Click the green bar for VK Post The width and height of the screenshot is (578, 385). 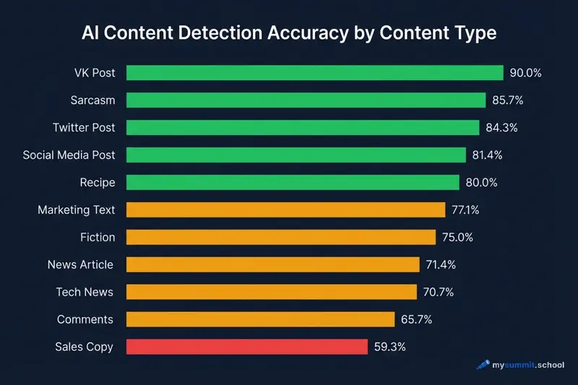[x=314, y=73]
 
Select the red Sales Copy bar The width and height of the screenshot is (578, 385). [x=247, y=347]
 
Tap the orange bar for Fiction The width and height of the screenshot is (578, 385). [x=281, y=237]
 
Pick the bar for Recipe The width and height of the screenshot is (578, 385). [x=293, y=182]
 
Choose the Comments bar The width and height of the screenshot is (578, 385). [x=260, y=319]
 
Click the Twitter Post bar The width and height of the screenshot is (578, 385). [x=303, y=128]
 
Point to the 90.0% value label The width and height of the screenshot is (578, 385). [x=526, y=73]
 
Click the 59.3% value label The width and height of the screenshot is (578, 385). [x=390, y=347]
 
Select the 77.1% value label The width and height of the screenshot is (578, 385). [x=466, y=210]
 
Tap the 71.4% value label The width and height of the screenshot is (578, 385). [x=441, y=264]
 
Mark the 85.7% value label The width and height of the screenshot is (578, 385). [x=508, y=100]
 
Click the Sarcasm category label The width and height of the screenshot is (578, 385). [x=92, y=100]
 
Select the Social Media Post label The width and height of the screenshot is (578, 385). [x=69, y=155]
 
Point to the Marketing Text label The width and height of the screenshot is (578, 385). [x=76, y=210]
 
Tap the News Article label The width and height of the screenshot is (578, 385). [x=80, y=264]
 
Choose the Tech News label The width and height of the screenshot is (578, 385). [x=85, y=292]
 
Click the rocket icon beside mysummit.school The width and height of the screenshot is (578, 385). [x=483, y=365]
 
